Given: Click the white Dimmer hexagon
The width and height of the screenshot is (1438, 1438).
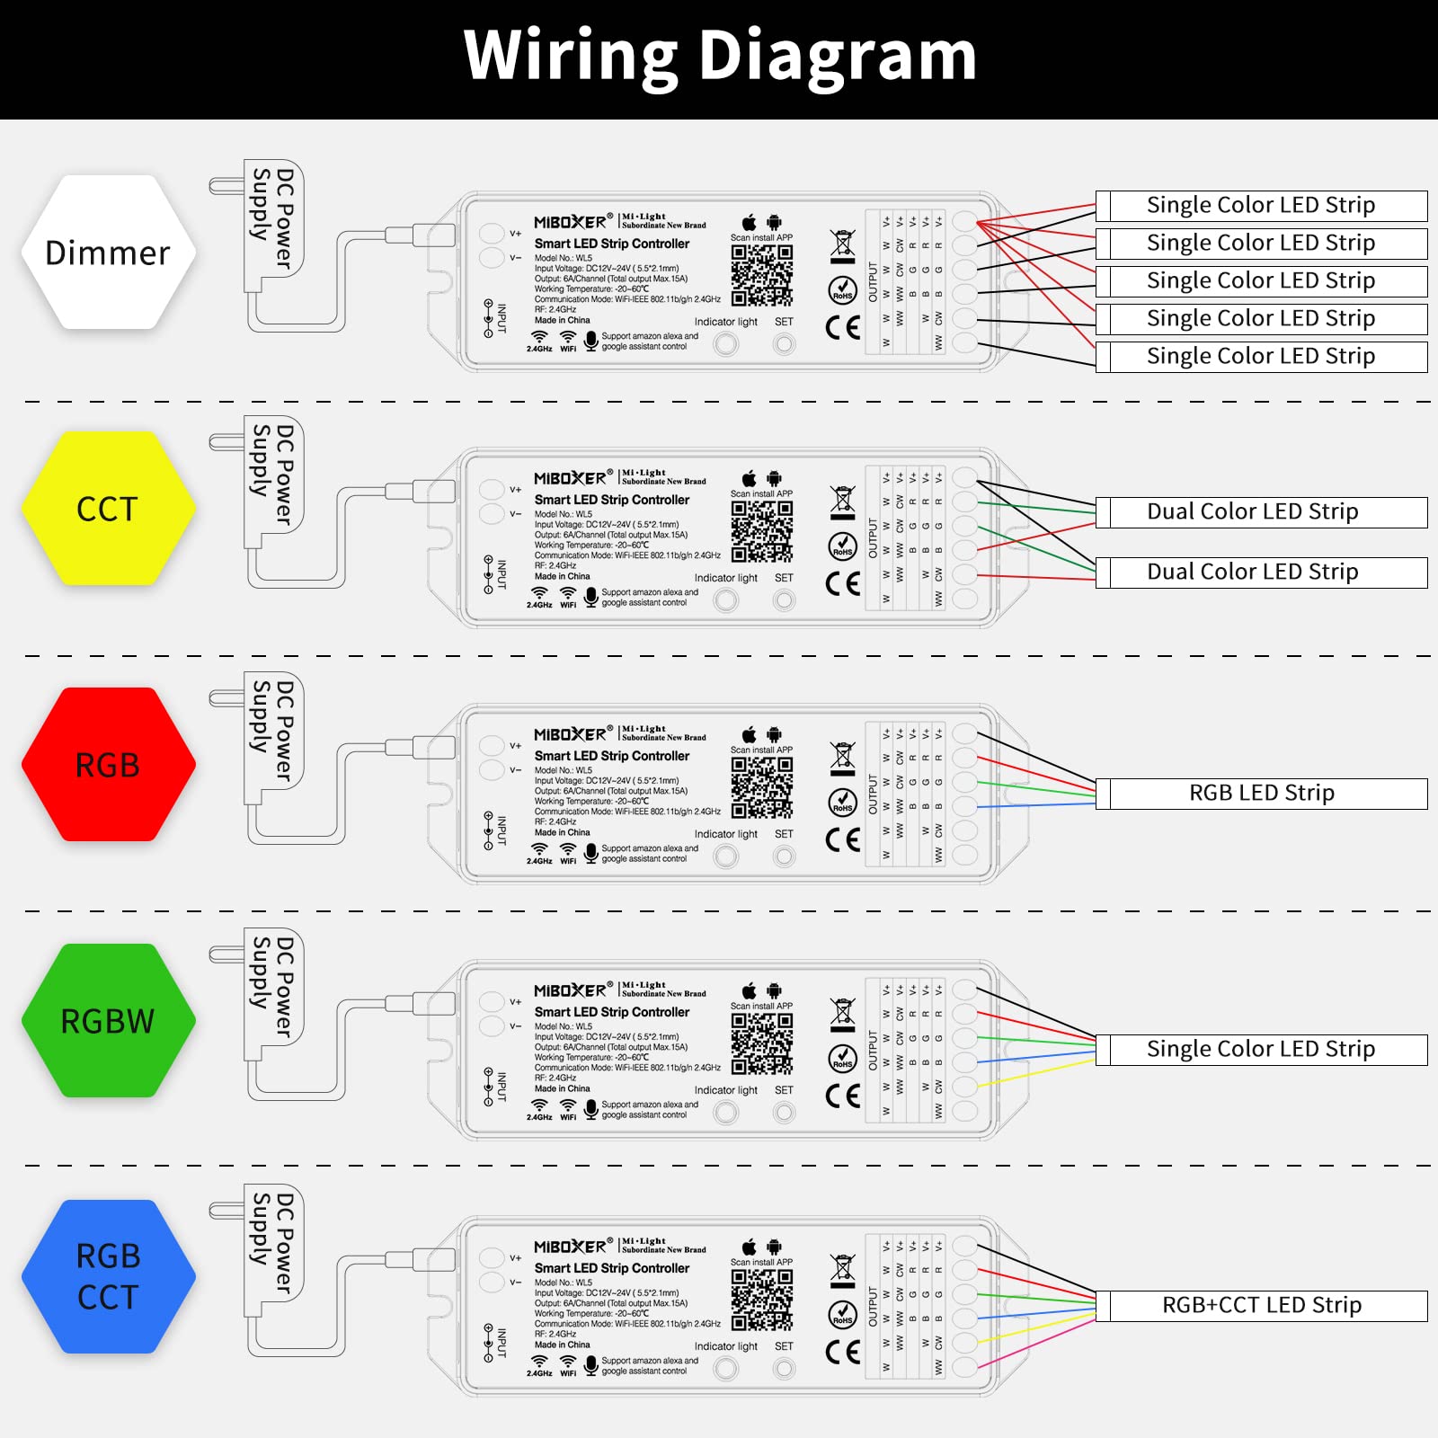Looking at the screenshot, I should point(108,253).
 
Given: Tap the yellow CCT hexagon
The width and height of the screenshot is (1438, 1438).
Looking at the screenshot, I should point(108,509).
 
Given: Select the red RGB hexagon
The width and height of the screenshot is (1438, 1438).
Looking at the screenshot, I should point(108,765).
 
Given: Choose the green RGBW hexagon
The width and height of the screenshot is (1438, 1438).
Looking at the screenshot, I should point(108,1021).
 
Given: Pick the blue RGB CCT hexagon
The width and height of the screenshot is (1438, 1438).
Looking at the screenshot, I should point(108,1276).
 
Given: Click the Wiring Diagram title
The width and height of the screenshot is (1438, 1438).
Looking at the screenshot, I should point(719,56).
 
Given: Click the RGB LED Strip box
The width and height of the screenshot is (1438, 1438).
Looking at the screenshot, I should point(1261,794).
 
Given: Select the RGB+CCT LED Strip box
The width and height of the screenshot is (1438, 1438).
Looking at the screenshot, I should point(1261,1306).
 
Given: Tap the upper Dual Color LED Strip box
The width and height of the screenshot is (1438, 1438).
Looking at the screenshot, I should point(1261,512).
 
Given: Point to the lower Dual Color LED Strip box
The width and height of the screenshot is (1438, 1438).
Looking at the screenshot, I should point(1261,573).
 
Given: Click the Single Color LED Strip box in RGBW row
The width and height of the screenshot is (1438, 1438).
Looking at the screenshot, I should point(1261,1050).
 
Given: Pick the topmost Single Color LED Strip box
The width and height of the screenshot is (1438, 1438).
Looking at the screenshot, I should point(1261,206).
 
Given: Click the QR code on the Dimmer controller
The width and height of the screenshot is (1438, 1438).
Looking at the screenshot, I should point(761,275).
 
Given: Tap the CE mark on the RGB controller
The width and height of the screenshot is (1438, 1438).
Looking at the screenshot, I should point(843,840).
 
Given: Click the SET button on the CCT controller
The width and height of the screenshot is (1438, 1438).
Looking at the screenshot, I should point(785,600).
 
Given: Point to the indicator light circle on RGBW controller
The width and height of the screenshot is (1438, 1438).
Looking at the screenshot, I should point(726,1113).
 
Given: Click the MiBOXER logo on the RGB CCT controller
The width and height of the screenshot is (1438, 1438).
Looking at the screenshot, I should point(571,1247).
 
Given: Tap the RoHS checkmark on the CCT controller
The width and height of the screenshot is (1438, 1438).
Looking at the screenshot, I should point(842,546).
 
